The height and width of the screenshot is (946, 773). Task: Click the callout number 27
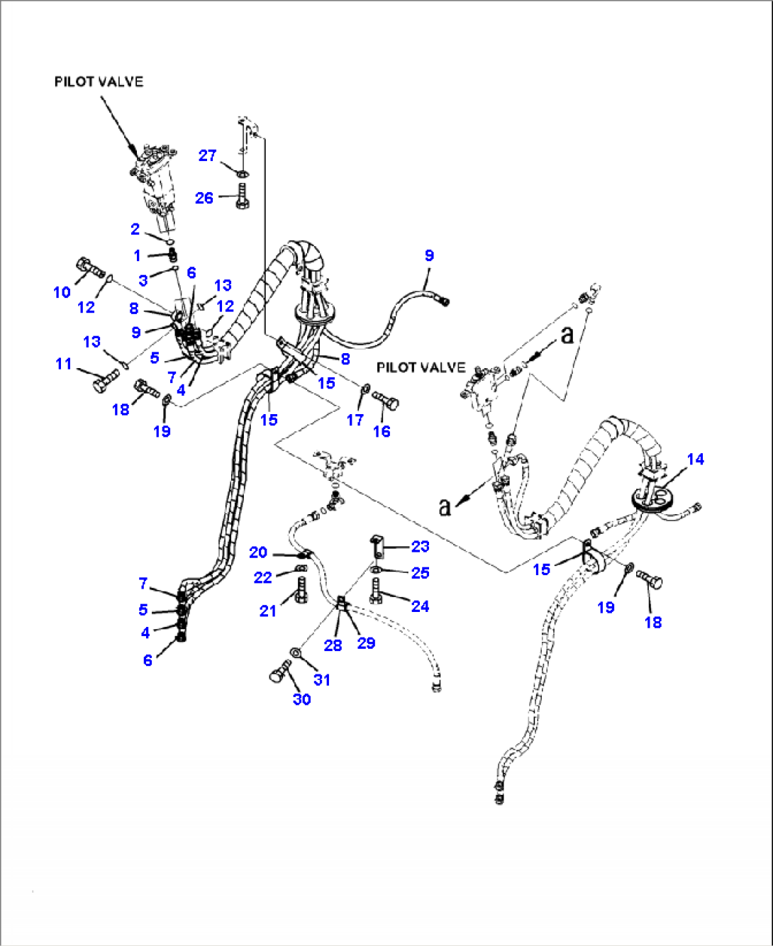207,155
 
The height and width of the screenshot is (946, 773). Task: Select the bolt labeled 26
242,196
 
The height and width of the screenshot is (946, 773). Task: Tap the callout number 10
62,292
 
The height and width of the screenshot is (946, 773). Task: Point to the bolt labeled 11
105,382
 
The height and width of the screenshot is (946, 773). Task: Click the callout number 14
695,460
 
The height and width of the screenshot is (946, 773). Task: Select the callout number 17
355,421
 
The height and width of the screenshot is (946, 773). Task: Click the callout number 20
258,552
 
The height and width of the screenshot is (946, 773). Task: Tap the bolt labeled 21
301,590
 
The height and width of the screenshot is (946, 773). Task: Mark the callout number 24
421,606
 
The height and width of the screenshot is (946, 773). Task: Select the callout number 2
135,229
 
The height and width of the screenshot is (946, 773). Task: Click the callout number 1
137,255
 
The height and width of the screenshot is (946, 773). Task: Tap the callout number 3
143,280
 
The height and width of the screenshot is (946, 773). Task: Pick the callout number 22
262,578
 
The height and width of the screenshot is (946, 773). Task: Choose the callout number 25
421,573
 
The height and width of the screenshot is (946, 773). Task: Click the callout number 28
333,645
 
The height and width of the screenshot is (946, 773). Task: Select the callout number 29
366,643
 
